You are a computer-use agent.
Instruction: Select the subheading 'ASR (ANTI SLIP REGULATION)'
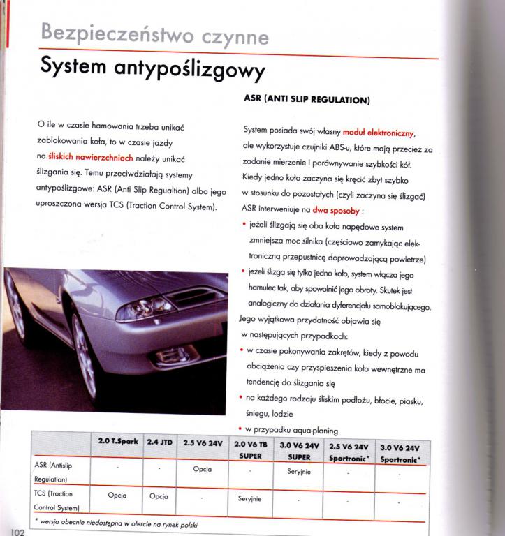[306, 100]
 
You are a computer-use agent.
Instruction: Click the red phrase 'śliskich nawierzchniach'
[90, 158]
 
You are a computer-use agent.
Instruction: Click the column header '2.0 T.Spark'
[117, 442]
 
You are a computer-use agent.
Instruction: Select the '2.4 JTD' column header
[160, 442]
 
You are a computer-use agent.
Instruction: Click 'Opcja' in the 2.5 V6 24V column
[202, 469]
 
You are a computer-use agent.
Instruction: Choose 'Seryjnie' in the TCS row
[249, 499]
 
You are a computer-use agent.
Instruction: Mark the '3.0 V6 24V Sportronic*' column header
[400, 452]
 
